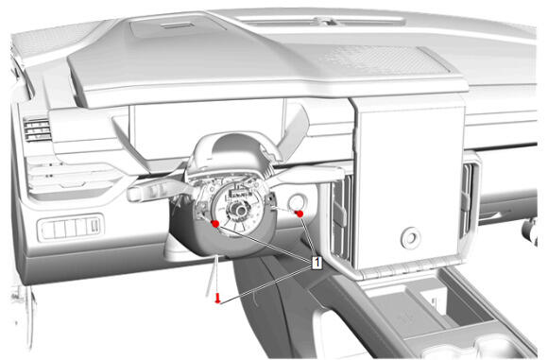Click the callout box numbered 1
pyautogui.click(x=317, y=263)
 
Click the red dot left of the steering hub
pyautogui.click(x=215, y=224)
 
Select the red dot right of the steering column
pyautogui.click(x=300, y=214)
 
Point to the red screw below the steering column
pyautogui.click(x=218, y=299)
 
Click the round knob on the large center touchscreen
pyautogui.click(x=410, y=238)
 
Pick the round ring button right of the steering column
pyautogui.click(x=298, y=201)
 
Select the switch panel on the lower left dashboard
pyautogui.click(x=71, y=227)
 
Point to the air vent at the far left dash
pyautogui.click(x=37, y=129)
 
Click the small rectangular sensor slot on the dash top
pyautogui.click(x=179, y=26)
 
